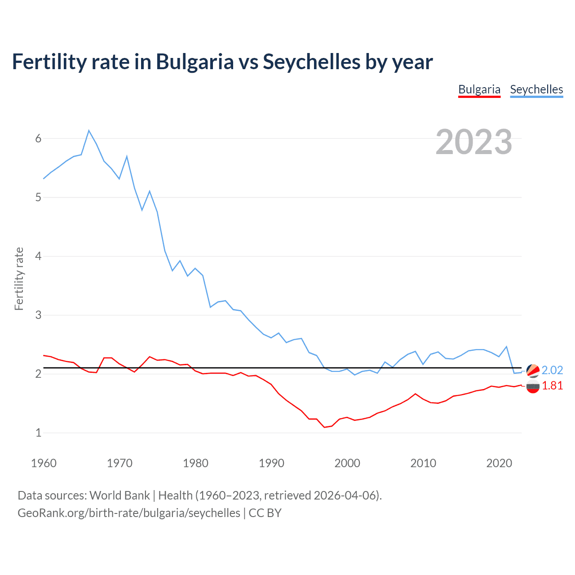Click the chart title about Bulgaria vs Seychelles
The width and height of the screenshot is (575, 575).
click(222, 62)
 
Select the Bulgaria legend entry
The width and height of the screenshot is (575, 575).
click(479, 89)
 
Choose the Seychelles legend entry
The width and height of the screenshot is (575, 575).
click(536, 89)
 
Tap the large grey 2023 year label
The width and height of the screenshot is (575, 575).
click(473, 142)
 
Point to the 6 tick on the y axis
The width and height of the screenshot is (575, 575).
click(38, 138)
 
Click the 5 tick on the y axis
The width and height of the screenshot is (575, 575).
click(38, 197)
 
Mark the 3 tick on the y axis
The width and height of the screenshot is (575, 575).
click(38, 315)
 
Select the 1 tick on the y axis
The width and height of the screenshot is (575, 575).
click(38, 433)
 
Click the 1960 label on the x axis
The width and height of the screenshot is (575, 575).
click(44, 463)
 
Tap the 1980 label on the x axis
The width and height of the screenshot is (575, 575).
click(195, 463)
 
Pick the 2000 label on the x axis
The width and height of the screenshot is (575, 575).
click(347, 463)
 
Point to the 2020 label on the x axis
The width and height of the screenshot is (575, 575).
click(499, 463)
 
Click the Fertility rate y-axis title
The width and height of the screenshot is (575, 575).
click(19, 279)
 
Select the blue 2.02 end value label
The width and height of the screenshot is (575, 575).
click(552, 370)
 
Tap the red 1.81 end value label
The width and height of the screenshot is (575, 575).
click(552, 385)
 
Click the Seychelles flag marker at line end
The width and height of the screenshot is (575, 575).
click(533, 371)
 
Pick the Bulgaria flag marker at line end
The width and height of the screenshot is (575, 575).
click(533, 386)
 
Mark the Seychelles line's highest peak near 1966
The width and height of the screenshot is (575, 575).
click(89, 130)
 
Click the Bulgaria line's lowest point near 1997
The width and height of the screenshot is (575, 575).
click(324, 427)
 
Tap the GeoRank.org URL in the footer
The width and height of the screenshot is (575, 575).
click(129, 513)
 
